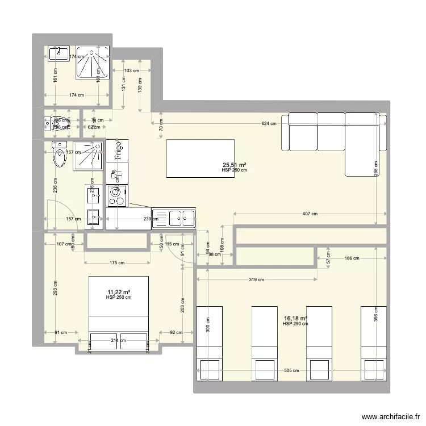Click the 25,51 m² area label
pos(235,165)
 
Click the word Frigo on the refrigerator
pos(117,151)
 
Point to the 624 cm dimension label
pos(269,123)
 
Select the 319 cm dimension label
pos(256,279)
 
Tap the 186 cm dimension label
pos(352,258)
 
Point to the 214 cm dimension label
pos(118,340)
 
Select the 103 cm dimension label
pos(131,71)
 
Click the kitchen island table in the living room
pos(200,158)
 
